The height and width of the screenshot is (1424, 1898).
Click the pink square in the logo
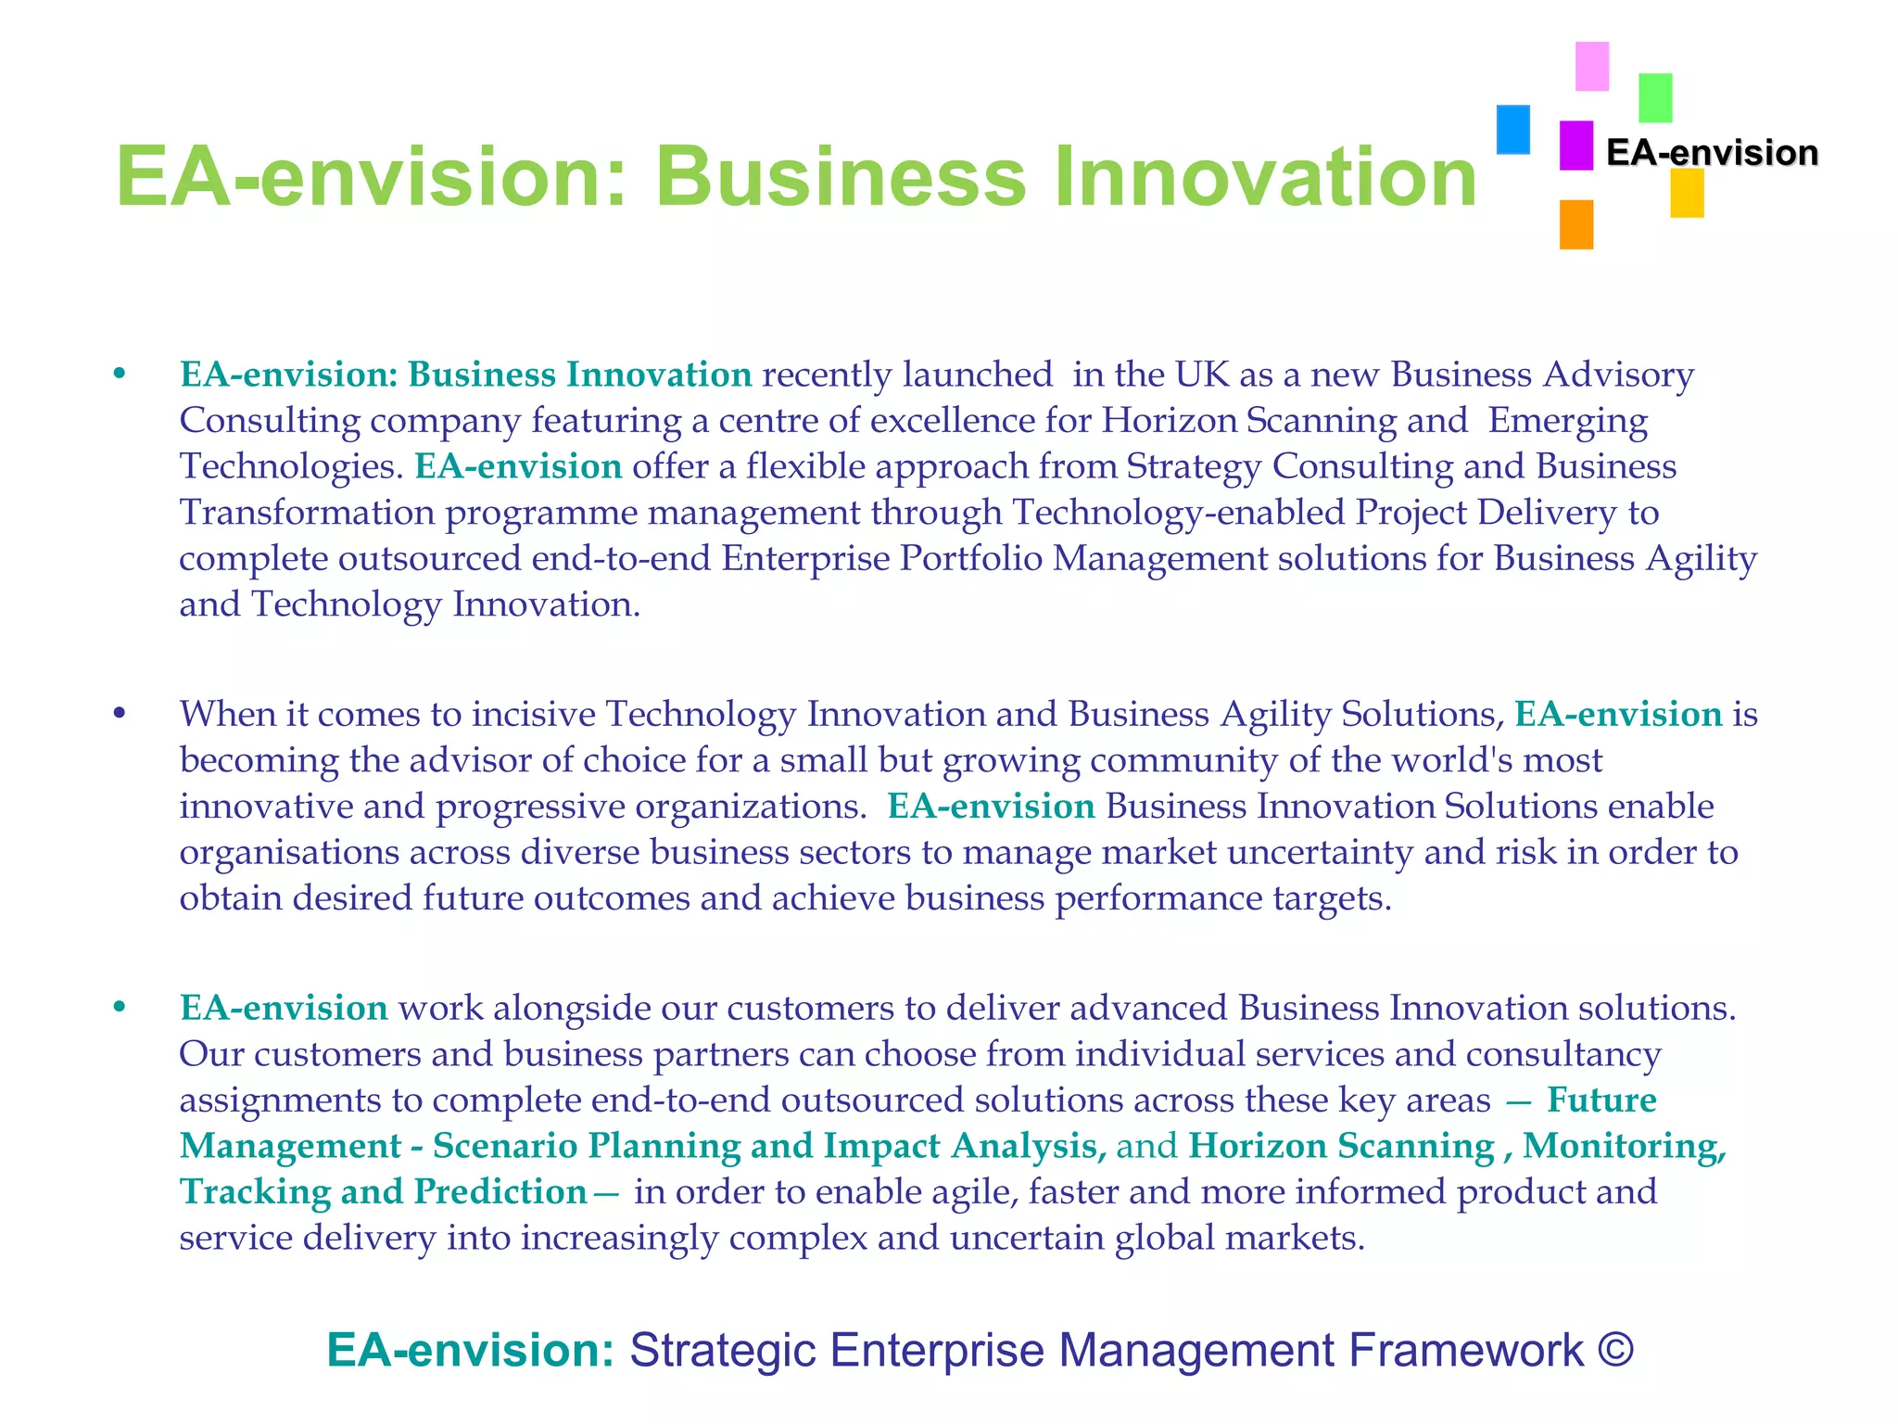click(1592, 66)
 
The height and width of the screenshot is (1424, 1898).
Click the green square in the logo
click(1655, 98)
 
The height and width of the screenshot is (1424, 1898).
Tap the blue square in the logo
click(1513, 129)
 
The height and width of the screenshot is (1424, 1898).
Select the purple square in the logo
click(1575, 146)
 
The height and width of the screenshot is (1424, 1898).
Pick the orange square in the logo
click(1575, 224)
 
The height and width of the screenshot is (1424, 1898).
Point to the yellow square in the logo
click(1687, 194)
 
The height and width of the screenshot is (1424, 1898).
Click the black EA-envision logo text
click(1712, 153)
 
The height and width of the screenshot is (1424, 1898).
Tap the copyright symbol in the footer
click(1615, 1350)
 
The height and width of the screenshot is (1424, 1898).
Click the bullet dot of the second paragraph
click(119, 714)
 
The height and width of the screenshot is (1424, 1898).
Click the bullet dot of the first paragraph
click(119, 375)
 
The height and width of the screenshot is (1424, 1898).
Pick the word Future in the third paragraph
click(1601, 1100)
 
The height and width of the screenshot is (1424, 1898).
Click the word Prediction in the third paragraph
click(500, 1192)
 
